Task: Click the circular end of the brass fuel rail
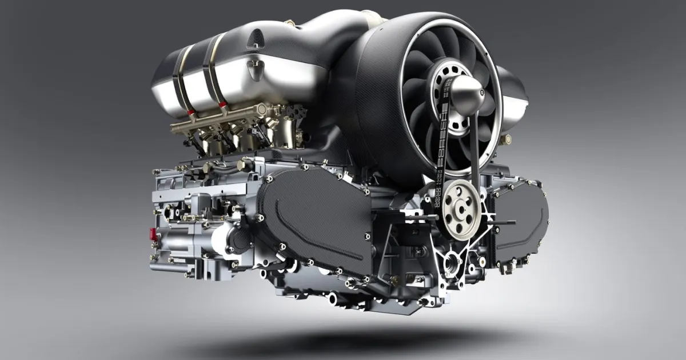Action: (x=262, y=108)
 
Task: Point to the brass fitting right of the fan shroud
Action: (x=505, y=139)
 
